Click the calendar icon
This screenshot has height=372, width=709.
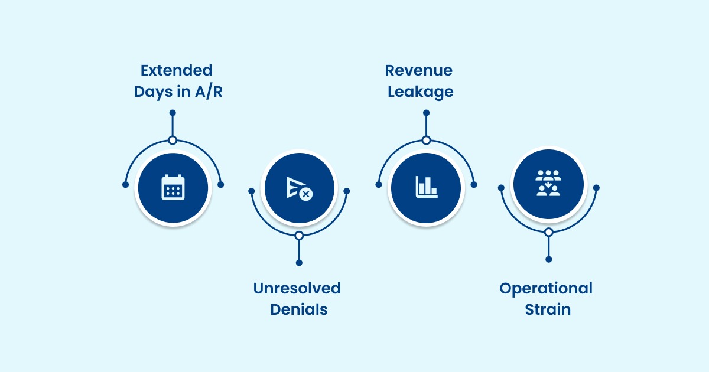coord(173,188)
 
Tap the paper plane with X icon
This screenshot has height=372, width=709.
coord(299,188)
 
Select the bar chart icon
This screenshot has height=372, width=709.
coord(426,188)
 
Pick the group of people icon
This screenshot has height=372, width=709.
coord(548,184)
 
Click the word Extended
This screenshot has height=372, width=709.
coord(176,70)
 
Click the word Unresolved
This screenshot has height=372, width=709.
coord(297,288)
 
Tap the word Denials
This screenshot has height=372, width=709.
coord(299,309)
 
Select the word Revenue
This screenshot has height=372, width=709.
coord(419,70)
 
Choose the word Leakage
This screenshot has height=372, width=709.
coord(421,92)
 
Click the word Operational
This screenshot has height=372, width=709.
coord(546,288)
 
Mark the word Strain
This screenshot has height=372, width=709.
coord(548,309)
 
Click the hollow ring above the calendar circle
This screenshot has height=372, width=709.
coord(173,140)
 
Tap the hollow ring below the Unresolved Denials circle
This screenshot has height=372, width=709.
coord(299,236)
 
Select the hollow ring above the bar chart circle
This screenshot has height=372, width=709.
coord(426,140)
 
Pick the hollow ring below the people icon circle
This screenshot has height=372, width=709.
coord(549,232)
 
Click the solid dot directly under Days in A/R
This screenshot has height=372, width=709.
coord(173,112)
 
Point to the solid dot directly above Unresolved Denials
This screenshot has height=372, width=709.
coord(299,263)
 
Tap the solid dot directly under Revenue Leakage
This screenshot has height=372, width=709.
coord(426,112)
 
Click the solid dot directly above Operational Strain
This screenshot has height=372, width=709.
coord(549,259)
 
